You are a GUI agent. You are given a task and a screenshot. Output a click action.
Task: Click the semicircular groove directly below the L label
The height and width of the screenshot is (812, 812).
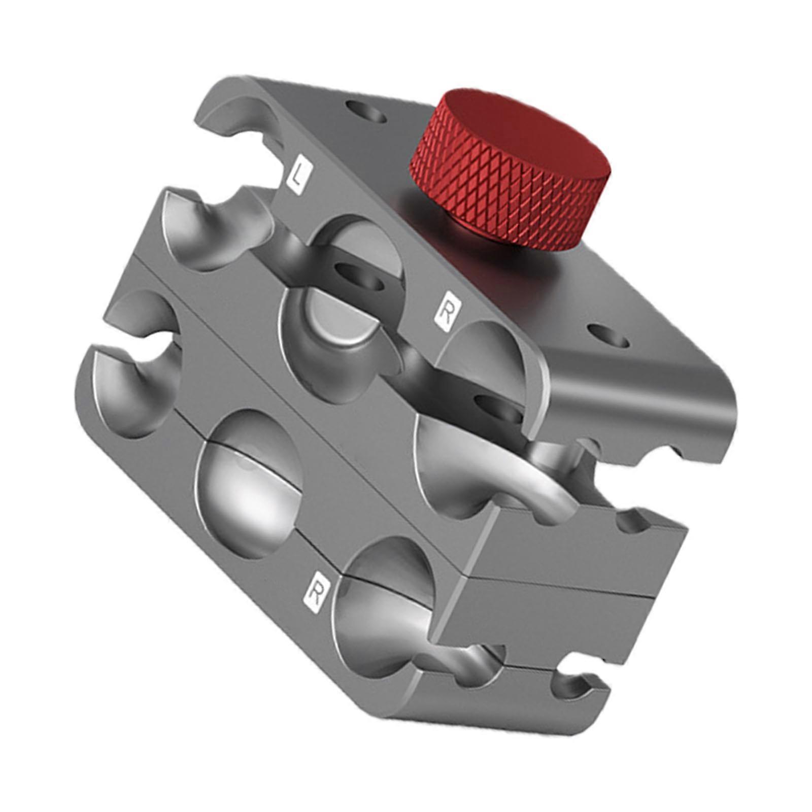pos(213,228)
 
